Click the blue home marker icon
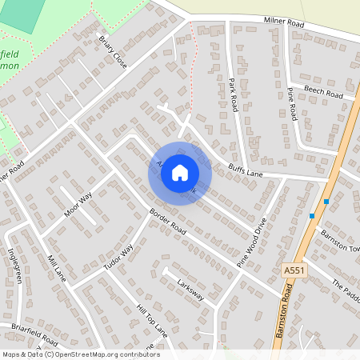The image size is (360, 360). (x=180, y=173)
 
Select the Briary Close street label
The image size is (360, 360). (x=113, y=51)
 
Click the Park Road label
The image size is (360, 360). (x=234, y=94)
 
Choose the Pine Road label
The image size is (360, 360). (x=291, y=105)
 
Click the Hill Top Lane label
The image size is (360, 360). (x=152, y=319)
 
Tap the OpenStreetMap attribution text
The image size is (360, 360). (x=80, y=354)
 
